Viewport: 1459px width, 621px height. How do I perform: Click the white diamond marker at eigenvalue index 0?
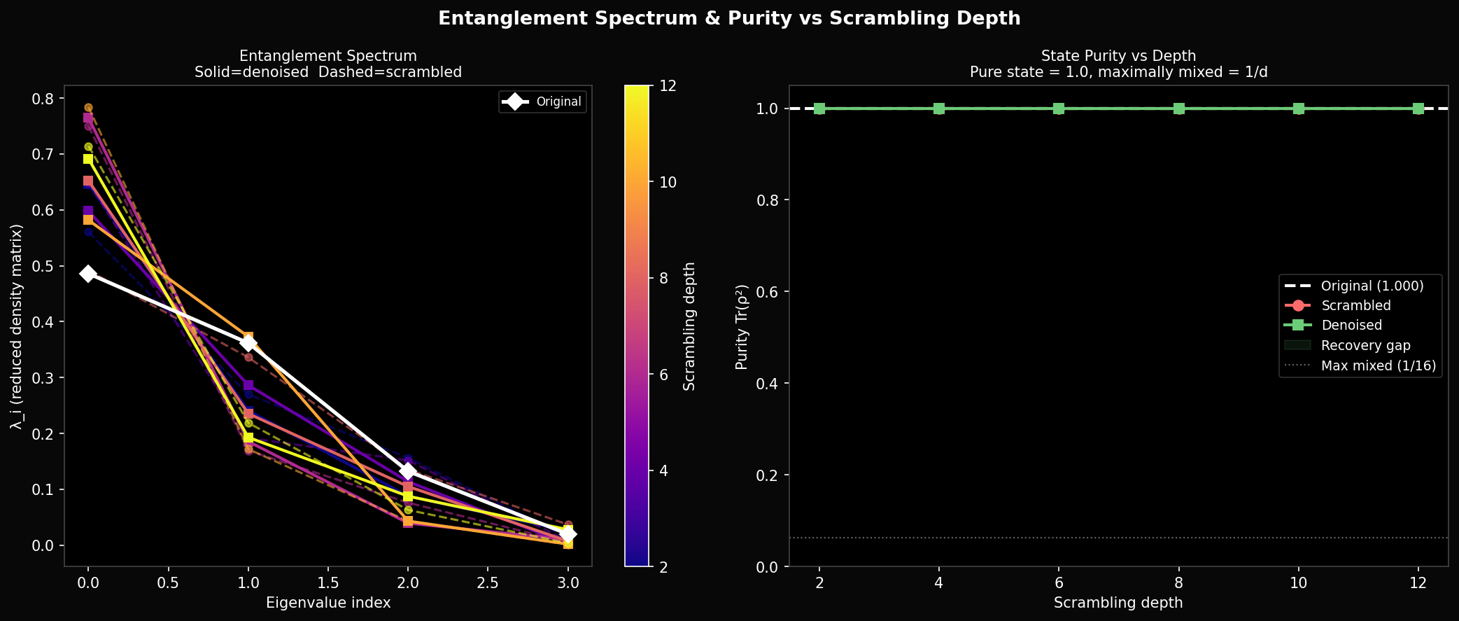(x=87, y=273)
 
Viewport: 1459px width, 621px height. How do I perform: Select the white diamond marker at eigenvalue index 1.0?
(x=248, y=343)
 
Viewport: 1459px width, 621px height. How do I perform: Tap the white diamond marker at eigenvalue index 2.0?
(x=408, y=471)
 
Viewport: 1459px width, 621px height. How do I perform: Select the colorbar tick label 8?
(x=668, y=279)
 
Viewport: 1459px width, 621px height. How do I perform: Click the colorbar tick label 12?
(x=668, y=86)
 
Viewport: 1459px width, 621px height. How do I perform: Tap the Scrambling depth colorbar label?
(x=689, y=326)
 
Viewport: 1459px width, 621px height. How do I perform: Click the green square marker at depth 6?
(x=1059, y=109)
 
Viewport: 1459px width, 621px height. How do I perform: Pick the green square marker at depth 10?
(x=1299, y=109)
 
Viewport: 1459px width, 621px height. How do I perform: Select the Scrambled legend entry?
(x=1355, y=306)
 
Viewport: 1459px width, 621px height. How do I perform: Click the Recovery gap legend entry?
(x=1365, y=345)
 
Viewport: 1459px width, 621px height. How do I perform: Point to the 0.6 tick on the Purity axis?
(x=769, y=292)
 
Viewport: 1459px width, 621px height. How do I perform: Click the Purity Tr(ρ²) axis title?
(x=742, y=327)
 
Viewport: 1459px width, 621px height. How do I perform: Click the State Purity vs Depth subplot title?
(x=1118, y=56)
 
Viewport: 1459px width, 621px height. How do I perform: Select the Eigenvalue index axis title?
(x=328, y=603)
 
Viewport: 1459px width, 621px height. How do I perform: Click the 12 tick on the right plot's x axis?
(x=1418, y=582)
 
